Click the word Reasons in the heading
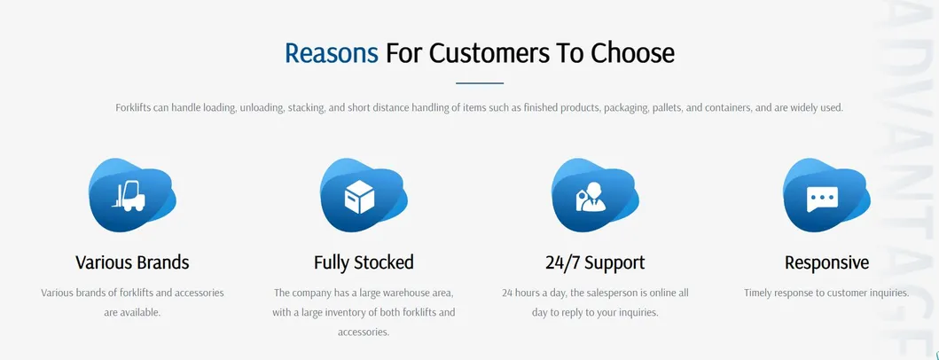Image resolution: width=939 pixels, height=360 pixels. point(331,53)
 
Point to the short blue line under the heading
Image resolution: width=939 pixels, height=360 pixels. point(479,83)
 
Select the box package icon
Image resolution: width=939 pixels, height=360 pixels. point(361,196)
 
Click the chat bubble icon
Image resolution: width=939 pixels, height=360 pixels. point(822,197)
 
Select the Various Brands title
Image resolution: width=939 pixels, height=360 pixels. point(132,262)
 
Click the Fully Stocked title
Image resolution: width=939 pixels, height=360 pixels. point(364,262)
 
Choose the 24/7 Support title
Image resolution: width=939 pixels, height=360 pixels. point(595,262)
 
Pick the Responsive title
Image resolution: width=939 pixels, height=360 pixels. point(826,262)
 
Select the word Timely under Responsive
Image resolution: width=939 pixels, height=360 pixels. point(760,293)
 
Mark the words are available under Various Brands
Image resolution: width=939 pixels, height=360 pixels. point(132,312)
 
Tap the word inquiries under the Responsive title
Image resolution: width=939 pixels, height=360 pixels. point(888,293)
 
